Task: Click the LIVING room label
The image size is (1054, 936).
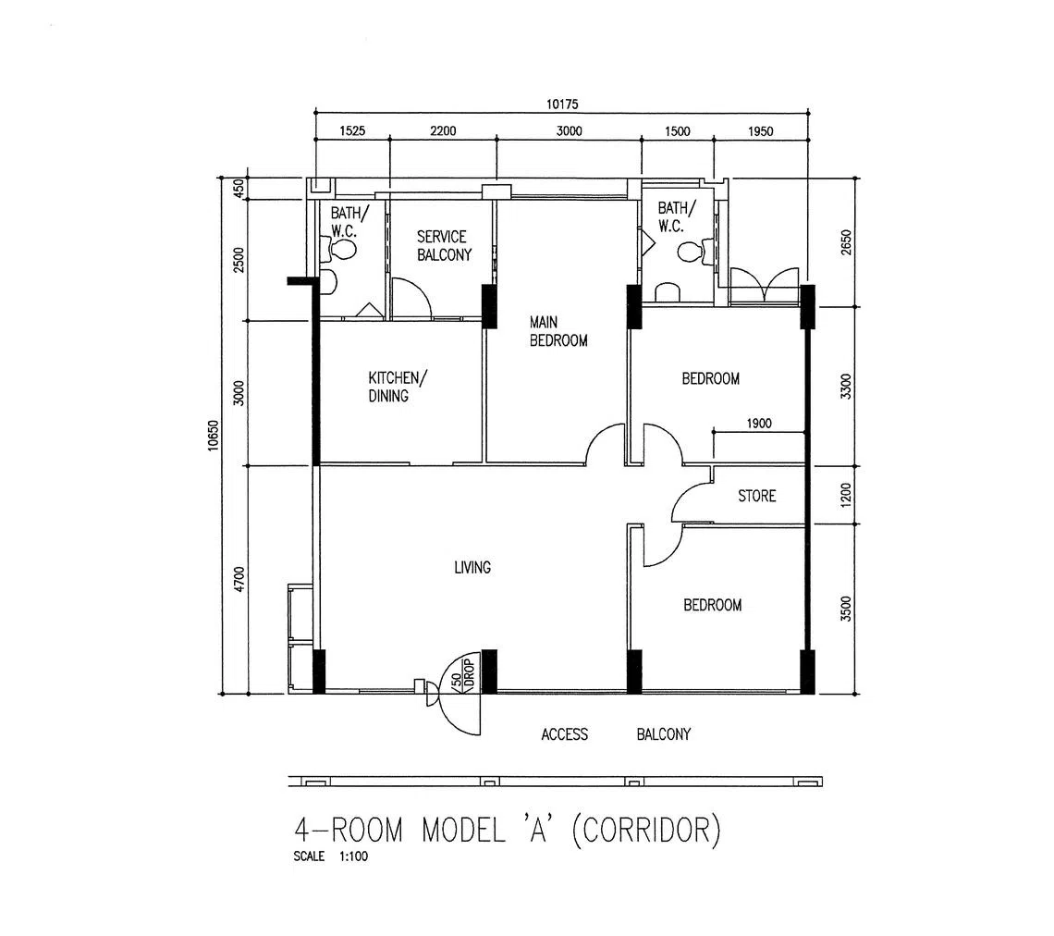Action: (x=472, y=568)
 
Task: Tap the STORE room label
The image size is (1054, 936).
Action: (x=757, y=496)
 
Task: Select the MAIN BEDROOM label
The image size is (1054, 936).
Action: (x=558, y=331)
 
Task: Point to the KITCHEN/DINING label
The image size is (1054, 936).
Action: (x=397, y=387)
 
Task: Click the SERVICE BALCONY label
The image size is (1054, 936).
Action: (x=445, y=245)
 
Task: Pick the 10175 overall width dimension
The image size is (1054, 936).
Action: (x=562, y=105)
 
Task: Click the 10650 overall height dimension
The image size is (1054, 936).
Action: (x=214, y=435)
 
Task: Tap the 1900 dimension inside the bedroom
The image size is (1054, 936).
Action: (x=759, y=423)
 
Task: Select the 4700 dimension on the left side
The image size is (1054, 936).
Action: (x=239, y=580)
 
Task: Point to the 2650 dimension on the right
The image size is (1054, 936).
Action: (x=846, y=242)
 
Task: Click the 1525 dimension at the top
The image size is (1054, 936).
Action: (x=352, y=130)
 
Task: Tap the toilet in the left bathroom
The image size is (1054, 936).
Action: (x=342, y=250)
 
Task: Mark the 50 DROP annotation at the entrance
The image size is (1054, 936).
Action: (x=464, y=673)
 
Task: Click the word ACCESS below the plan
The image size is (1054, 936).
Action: (x=565, y=734)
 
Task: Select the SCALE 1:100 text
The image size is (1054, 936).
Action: (x=331, y=856)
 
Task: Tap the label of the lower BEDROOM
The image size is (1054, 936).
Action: (x=713, y=605)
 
